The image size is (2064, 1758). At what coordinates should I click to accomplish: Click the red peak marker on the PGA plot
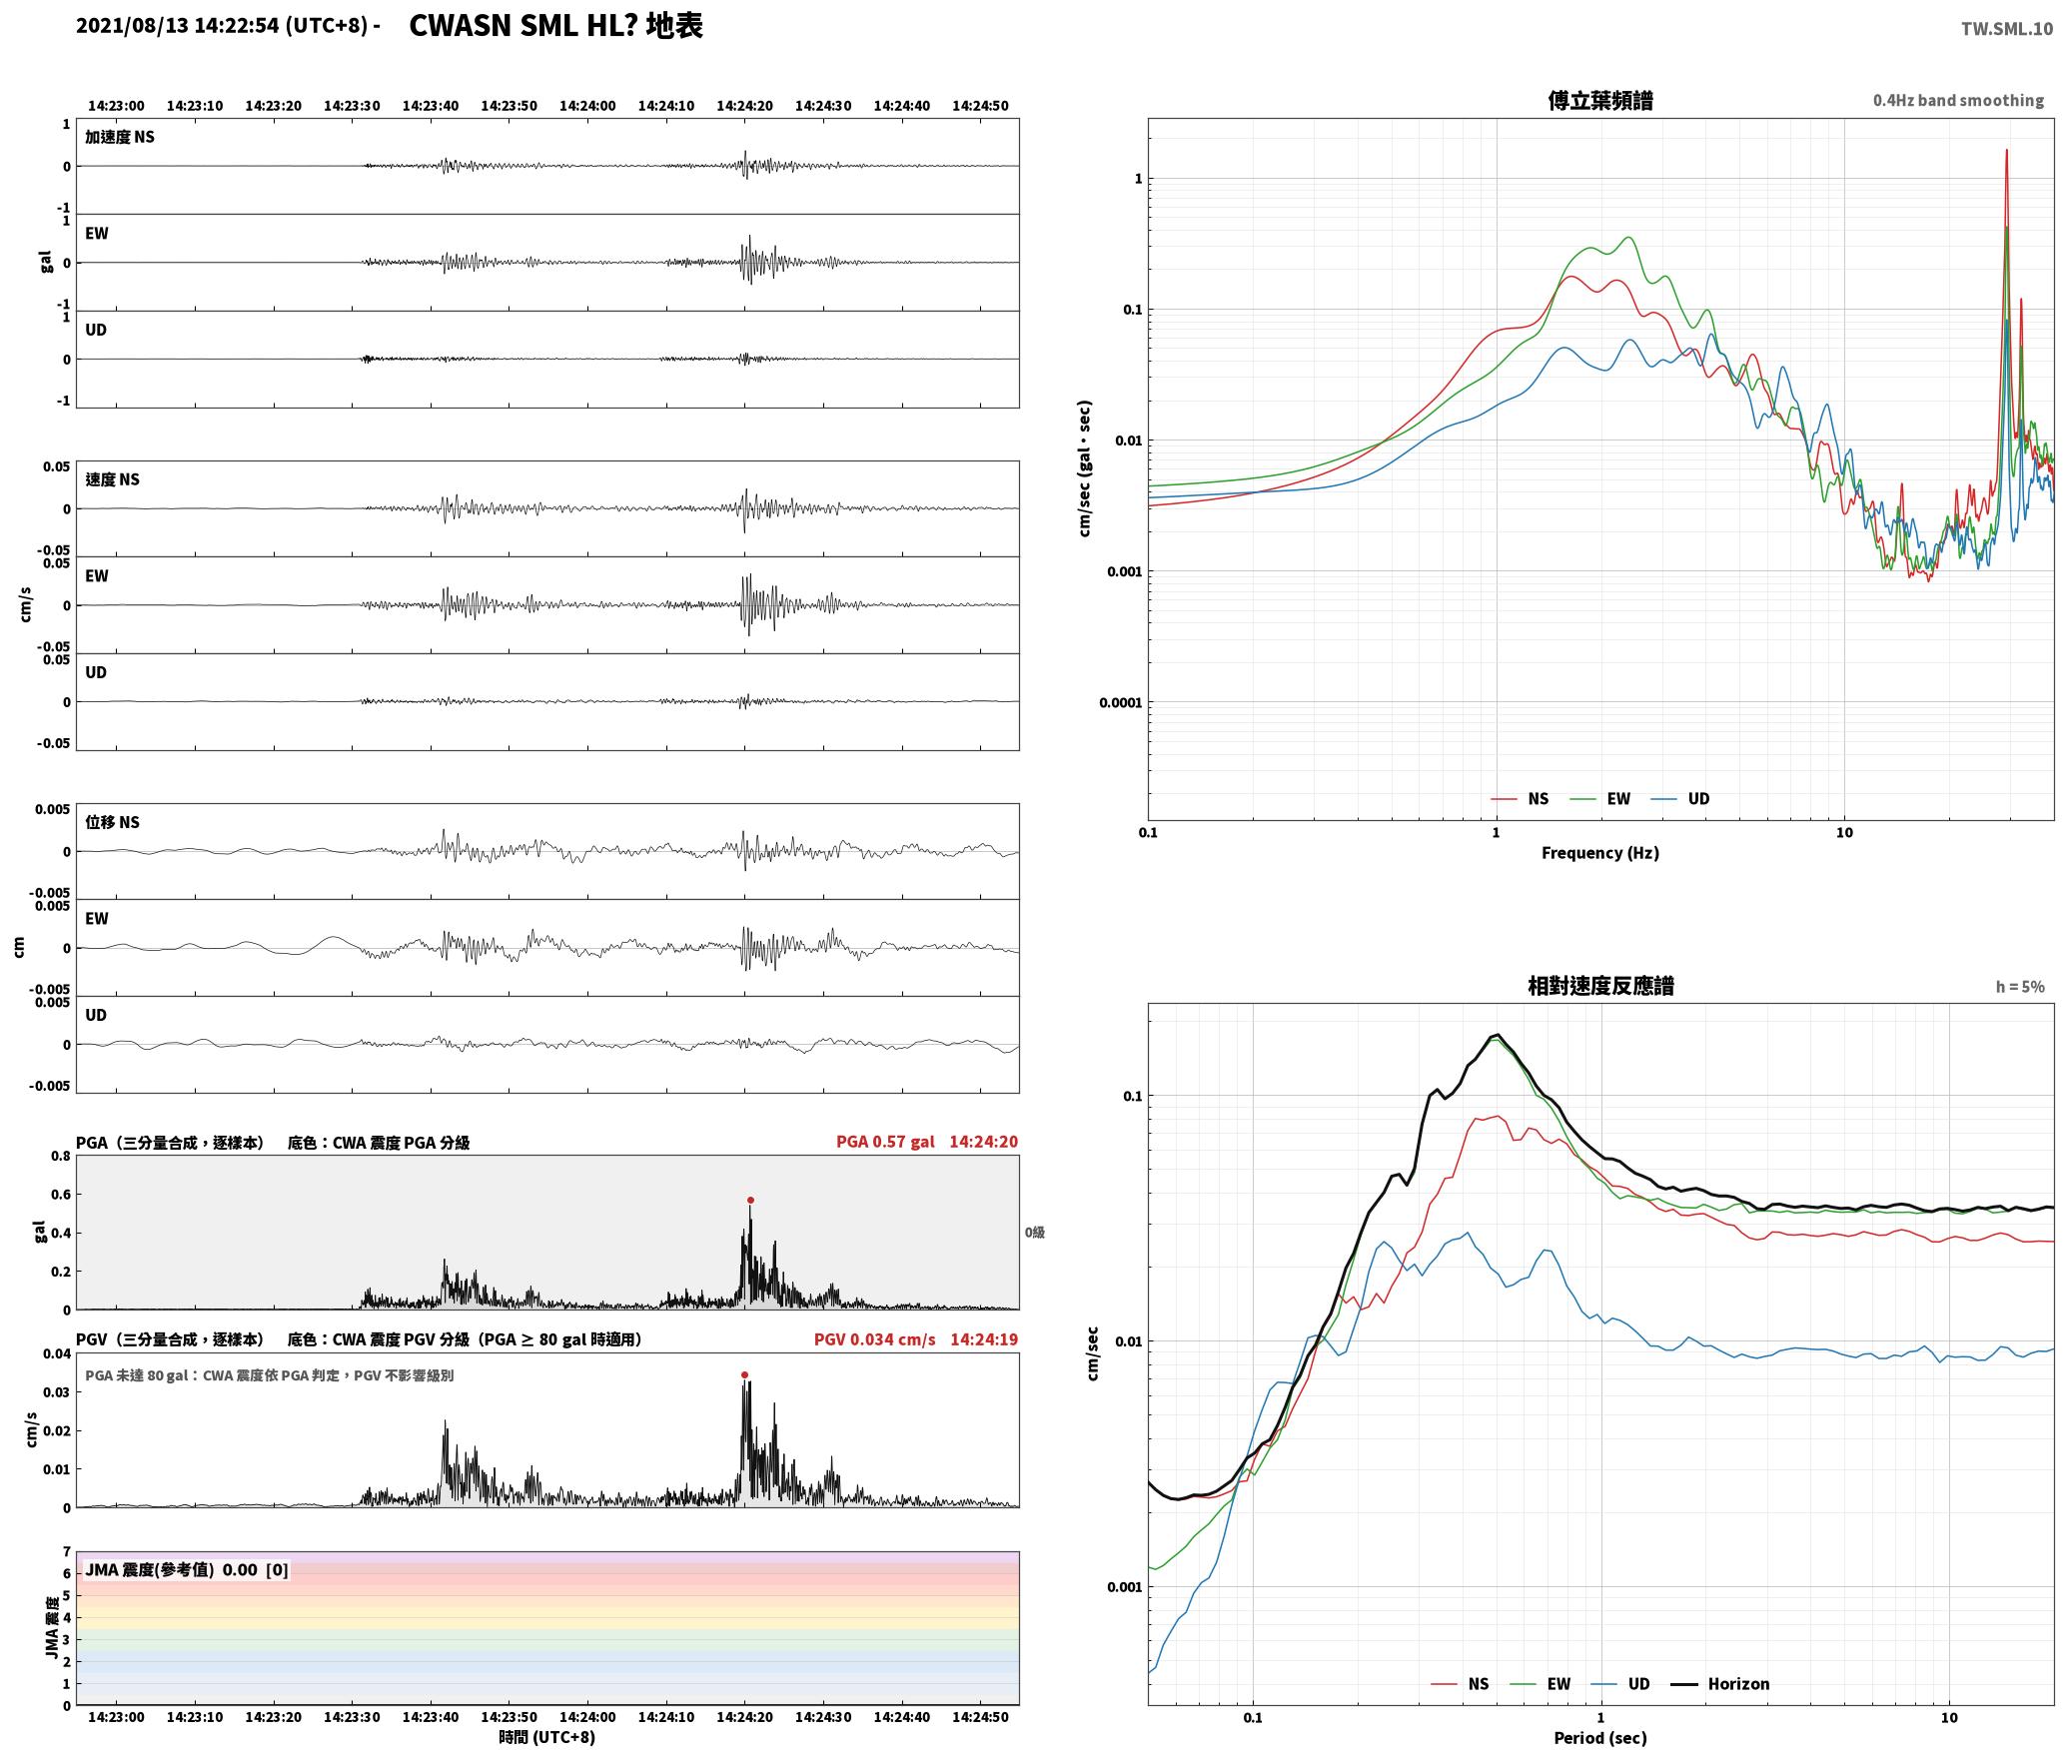click(x=750, y=1201)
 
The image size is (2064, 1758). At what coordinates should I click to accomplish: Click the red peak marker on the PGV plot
click(x=744, y=1375)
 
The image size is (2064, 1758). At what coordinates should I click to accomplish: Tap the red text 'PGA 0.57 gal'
click(x=885, y=1142)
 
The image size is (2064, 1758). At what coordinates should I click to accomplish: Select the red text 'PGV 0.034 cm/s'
click(x=875, y=1339)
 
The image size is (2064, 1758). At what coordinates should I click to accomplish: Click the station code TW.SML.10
click(x=2007, y=29)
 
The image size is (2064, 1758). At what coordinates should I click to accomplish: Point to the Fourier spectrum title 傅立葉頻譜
click(x=1599, y=101)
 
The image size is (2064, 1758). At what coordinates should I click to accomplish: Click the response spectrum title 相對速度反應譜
click(x=1600, y=986)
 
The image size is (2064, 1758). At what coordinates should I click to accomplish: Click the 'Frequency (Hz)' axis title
click(x=1600, y=853)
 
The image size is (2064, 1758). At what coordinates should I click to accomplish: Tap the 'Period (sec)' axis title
click(x=1600, y=1738)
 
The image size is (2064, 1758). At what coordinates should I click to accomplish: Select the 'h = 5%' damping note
click(x=2020, y=987)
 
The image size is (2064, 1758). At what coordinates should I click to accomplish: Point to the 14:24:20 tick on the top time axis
click(x=744, y=106)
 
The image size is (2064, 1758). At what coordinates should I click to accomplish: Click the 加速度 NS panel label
click(x=120, y=137)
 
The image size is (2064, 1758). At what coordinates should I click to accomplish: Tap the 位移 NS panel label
click(x=113, y=822)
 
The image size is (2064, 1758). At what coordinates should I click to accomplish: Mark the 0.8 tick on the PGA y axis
click(x=61, y=1157)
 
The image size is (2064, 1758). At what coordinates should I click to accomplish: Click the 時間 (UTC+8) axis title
click(x=547, y=1737)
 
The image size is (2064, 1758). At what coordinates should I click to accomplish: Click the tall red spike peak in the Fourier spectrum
click(x=2006, y=151)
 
